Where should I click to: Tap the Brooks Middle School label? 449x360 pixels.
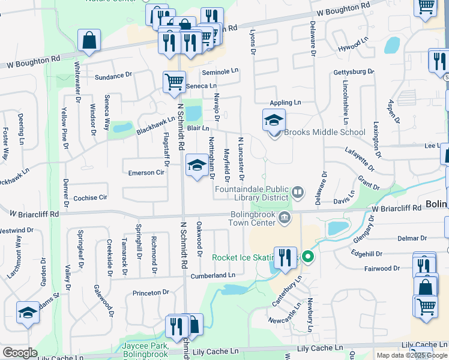[324, 132]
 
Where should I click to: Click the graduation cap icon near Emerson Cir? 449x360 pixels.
[197, 166]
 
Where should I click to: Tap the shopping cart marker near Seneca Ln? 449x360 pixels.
[174, 82]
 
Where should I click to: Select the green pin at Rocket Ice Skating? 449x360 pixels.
[308, 257]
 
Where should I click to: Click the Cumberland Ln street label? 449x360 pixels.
[213, 275]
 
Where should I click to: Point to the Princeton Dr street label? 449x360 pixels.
[151, 293]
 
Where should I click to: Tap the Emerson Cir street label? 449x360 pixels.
[146, 172]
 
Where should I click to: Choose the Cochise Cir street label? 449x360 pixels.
[90, 197]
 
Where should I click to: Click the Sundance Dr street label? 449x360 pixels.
[113, 76]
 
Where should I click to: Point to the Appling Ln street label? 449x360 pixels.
[285, 103]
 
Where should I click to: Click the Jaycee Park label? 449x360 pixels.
[144, 346]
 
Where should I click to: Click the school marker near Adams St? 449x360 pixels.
[28, 313]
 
